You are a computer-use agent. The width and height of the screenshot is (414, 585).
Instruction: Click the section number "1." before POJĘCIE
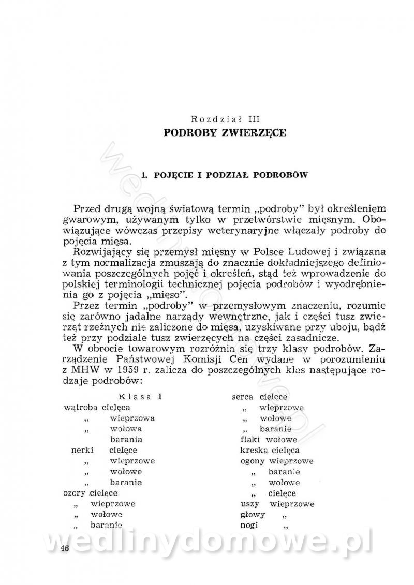coord(144,175)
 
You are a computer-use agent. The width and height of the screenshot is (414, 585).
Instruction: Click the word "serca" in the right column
coord(242,397)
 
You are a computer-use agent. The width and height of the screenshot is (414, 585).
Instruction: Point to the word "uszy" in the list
coord(250,504)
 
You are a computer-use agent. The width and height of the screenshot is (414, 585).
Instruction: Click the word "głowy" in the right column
coord(253,515)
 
